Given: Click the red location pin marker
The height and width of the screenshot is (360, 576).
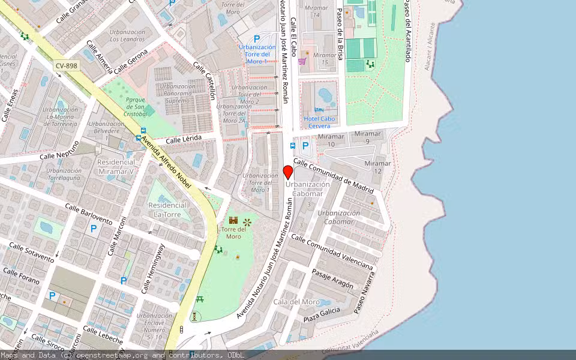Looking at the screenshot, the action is pyautogui.click(x=288, y=172).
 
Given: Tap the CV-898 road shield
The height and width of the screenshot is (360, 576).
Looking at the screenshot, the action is pyautogui.click(x=67, y=65).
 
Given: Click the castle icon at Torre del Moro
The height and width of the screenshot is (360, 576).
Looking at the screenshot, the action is pyautogui.click(x=233, y=221).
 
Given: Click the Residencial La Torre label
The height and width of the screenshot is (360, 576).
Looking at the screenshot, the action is pyautogui.click(x=167, y=209).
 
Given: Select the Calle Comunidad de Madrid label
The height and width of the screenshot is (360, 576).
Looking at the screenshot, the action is pyautogui.click(x=333, y=175).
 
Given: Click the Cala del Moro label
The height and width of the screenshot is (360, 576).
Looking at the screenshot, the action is pyautogui.click(x=296, y=302).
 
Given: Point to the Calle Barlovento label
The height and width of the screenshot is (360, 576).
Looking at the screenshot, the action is pyautogui.click(x=88, y=214).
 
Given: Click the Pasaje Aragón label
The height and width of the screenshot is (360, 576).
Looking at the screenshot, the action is pyautogui.click(x=332, y=278).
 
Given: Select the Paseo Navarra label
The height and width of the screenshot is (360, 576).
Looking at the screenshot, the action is pyautogui.click(x=364, y=293).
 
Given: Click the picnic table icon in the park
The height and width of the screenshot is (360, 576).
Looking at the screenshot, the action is pyautogui.click(x=200, y=298).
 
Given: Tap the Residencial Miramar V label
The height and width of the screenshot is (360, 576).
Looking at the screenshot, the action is pyautogui.click(x=116, y=167).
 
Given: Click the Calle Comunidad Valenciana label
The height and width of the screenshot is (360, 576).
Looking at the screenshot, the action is pyautogui.click(x=332, y=252).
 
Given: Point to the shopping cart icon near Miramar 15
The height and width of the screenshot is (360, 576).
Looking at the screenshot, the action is pyautogui.click(x=302, y=61).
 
